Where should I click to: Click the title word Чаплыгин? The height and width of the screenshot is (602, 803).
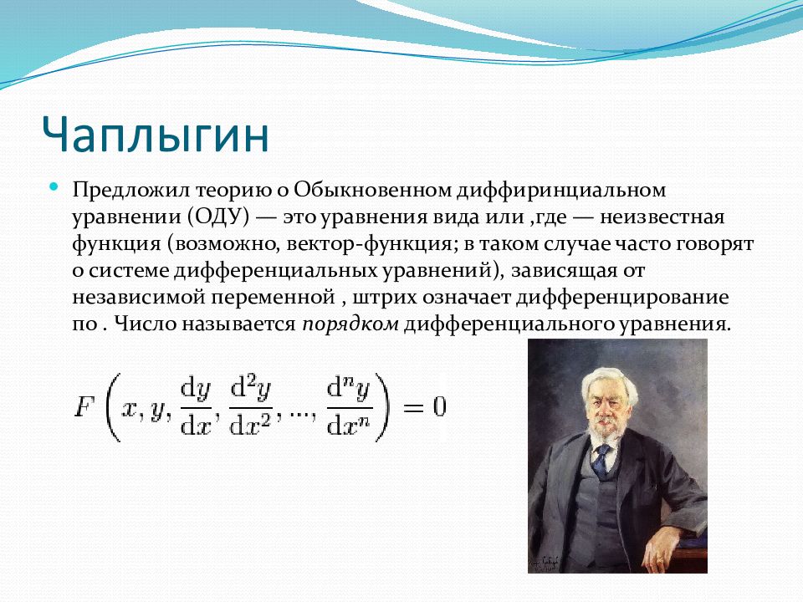[156, 135]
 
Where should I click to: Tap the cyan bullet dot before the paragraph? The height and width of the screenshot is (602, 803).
[54, 186]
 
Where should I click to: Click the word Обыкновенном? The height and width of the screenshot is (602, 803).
[372, 190]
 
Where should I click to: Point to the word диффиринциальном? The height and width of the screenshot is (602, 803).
[561, 191]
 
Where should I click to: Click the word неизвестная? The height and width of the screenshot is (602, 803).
[662, 217]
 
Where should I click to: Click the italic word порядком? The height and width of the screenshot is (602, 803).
[350, 324]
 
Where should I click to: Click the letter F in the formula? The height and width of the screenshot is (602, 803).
[85, 408]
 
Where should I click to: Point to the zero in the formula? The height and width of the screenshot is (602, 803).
[439, 407]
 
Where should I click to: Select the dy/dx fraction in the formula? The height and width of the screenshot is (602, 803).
[196, 408]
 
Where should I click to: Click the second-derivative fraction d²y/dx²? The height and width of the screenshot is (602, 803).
[251, 407]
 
